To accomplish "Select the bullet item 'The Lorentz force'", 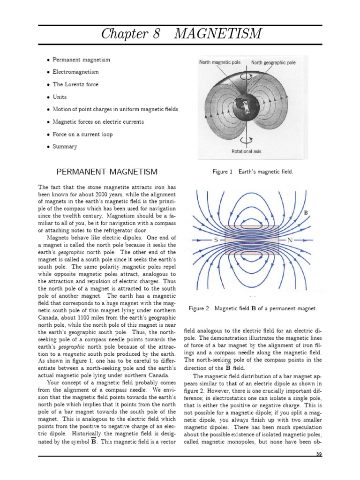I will (75, 84).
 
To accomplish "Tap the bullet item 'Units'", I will (60, 97).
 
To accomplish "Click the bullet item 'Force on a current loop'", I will (82, 134).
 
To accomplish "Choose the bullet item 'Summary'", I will (65, 147).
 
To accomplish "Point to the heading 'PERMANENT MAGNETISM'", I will (107, 172).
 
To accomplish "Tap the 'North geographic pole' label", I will (273, 62).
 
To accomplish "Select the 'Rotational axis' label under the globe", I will (247, 151).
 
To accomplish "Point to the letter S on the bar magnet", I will (217, 240).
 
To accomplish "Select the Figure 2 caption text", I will (253, 308).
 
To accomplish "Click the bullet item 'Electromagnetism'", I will (75, 72).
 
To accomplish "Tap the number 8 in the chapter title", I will (164, 34).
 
